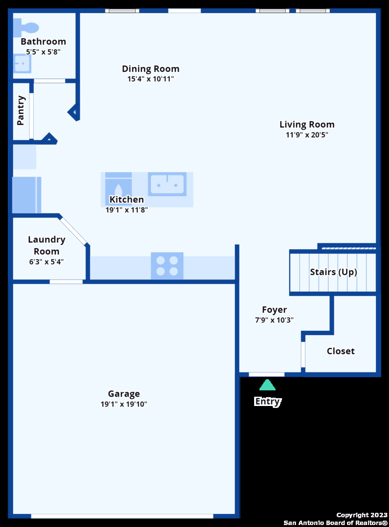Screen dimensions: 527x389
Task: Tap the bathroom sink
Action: [21, 63]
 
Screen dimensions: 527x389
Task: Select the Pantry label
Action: [21, 111]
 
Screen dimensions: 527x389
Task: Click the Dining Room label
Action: [151, 69]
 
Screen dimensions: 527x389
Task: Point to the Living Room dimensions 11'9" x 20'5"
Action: [307, 135]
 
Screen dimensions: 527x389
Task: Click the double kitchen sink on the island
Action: [167, 184]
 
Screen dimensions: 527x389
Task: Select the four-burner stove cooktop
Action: [167, 266]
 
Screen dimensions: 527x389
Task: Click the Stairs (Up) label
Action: [333, 272]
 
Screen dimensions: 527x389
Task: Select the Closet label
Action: [341, 351]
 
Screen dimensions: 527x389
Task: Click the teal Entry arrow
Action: [267, 385]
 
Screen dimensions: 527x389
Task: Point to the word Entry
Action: [267, 401]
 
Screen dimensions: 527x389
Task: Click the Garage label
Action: [124, 393]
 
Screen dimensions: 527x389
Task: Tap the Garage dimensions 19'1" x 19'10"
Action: [124, 404]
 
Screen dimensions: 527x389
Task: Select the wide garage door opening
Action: [122, 516]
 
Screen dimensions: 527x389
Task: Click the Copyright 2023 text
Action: [362, 515]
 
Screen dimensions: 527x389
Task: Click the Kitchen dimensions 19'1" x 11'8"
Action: [127, 210]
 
